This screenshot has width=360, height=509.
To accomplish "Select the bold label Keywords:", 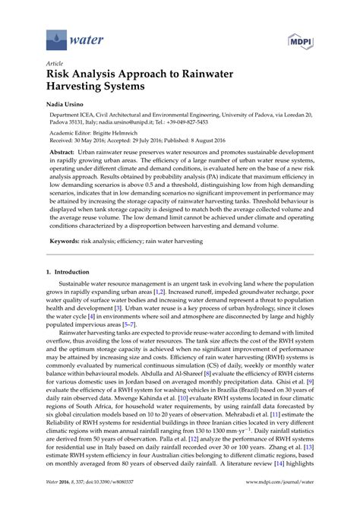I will coord(68,241).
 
